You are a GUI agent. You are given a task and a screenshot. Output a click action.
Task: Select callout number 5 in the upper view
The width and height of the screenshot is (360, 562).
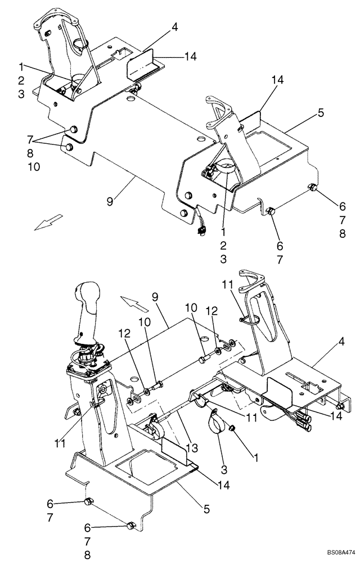(321, 113)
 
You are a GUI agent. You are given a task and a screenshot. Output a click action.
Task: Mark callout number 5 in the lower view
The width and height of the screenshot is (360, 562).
(207, 509)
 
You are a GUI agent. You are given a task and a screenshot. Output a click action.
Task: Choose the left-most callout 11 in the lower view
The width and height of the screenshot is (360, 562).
(60, 443)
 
